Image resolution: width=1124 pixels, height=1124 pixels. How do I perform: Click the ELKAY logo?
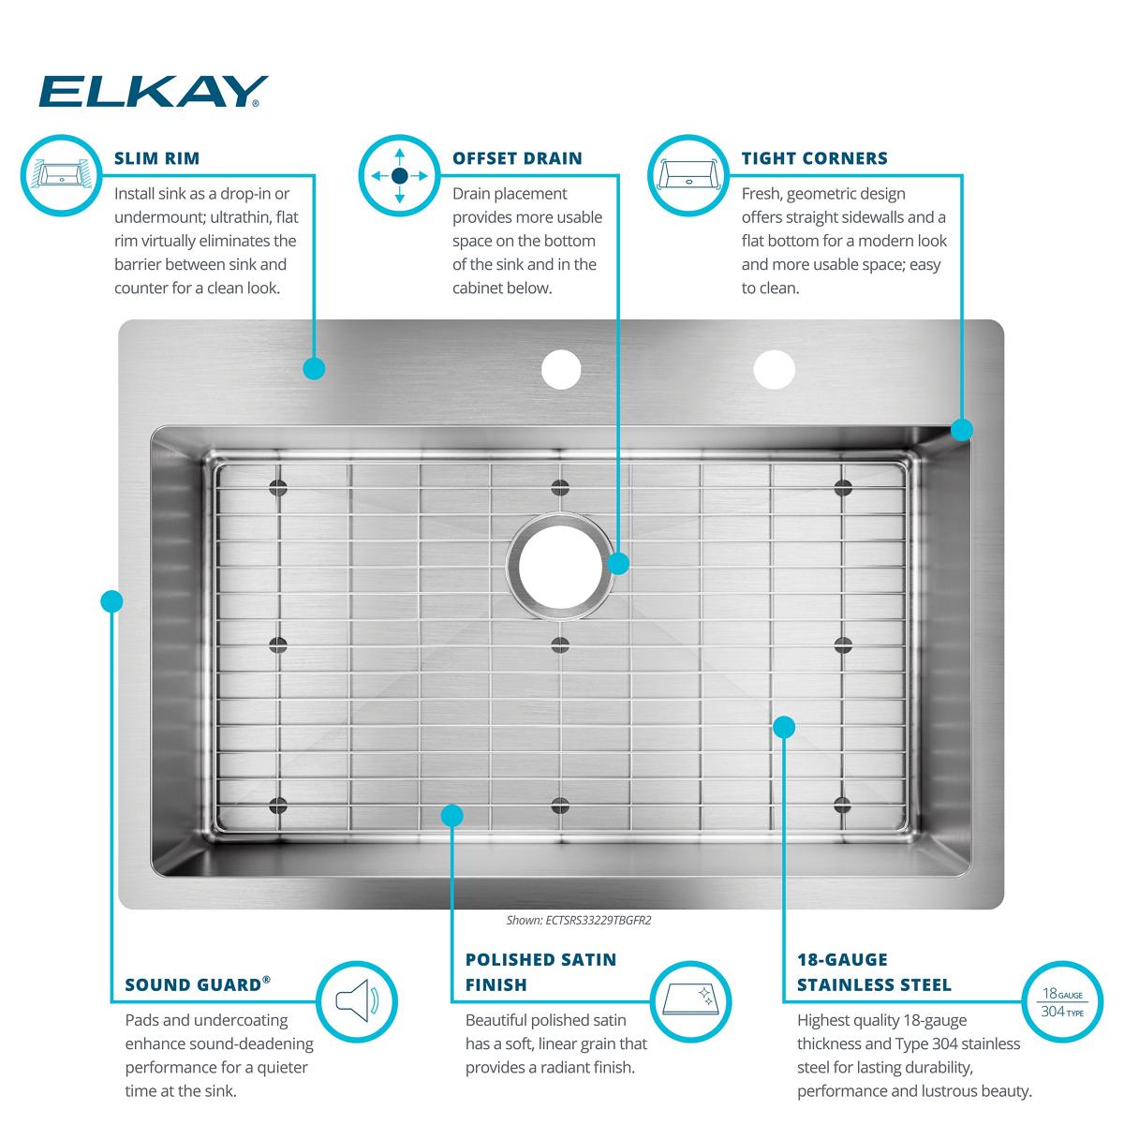(x=154, y=92)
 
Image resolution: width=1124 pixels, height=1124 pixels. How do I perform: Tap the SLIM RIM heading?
(x=157, y=158)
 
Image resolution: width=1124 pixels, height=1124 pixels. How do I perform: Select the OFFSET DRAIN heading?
(x=517, y=158)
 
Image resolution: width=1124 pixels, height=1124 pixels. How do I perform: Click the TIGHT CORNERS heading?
(x=814, y=158)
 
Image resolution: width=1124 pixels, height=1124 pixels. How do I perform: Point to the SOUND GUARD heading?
(x=198, y=983)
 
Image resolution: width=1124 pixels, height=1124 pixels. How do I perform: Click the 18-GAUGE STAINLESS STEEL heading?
(x=874, y=971)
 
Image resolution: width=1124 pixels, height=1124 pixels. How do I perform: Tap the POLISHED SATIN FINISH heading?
(x=540, y=971)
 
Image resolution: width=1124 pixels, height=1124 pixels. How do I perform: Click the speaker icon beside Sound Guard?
(x=357, y=1001)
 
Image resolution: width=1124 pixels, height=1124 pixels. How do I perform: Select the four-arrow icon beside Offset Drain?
(x=400, y=175)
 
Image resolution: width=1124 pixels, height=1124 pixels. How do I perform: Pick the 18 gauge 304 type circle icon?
(x=1063, y=1001)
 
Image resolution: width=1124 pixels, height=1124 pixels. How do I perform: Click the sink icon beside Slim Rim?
(x=61, y=175)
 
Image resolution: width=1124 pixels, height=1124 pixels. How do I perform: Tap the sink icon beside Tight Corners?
(x=688, y=175)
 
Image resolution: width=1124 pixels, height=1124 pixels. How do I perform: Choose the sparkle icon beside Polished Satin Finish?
(x=690, y=1001)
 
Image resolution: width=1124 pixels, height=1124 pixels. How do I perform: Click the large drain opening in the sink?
(x=560, y=566)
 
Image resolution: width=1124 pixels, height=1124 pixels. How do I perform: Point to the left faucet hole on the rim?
(x=561, y=369)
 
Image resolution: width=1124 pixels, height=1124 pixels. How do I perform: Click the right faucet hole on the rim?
(x=774, y=369)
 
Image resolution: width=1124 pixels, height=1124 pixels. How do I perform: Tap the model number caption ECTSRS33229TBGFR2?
(x=579, y=920)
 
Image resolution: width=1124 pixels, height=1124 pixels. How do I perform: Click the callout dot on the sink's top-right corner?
(x=962, y=430)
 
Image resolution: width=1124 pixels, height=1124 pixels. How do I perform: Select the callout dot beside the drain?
(x=618, y=564)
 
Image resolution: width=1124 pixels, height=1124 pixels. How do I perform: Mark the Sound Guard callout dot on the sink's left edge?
(x=111, y=601)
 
